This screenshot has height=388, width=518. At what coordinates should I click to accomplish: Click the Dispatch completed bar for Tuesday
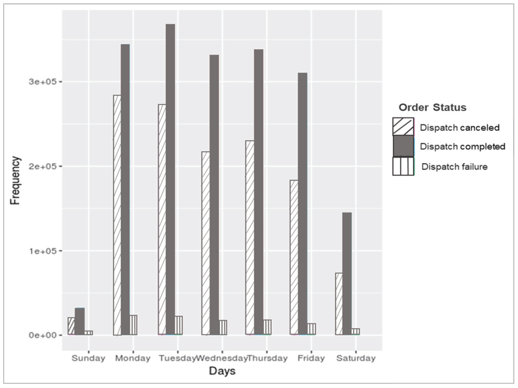tap(170, 179)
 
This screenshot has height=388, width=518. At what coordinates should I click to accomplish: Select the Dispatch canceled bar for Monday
tap(117, 215)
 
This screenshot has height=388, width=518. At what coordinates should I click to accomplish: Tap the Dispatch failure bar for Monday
tap(133, 325)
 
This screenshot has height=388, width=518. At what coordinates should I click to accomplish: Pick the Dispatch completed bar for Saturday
tap(347, 274)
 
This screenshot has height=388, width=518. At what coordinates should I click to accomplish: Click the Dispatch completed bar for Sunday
tap(80, 321)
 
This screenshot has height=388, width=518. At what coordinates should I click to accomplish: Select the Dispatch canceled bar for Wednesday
tap(206, 243)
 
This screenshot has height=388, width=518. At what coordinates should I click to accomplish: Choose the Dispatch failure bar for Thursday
tap(267, 327)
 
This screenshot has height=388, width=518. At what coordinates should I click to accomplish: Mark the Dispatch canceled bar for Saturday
tap(339, 304)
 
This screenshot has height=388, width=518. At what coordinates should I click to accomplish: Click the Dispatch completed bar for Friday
tap(302, 204)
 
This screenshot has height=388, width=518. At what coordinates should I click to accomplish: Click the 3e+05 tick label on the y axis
tap(43, 82)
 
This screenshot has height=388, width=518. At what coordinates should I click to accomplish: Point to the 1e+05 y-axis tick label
tap(43, 251)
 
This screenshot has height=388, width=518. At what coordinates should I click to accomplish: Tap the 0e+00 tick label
tap(43, 335)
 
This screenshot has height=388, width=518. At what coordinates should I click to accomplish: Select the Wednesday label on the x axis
tap(222, 358)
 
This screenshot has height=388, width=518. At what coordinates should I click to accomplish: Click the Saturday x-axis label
tap(356, 358)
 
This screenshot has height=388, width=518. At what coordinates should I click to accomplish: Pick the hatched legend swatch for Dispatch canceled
tap(403, 127)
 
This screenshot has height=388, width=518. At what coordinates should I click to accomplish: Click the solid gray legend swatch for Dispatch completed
tap(403, 146)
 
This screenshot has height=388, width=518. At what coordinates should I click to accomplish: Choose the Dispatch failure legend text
tap(454, 167)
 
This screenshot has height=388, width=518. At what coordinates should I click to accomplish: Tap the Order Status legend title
tap(432, 107)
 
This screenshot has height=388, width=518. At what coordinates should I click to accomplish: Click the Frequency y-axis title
tap(15, 180)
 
